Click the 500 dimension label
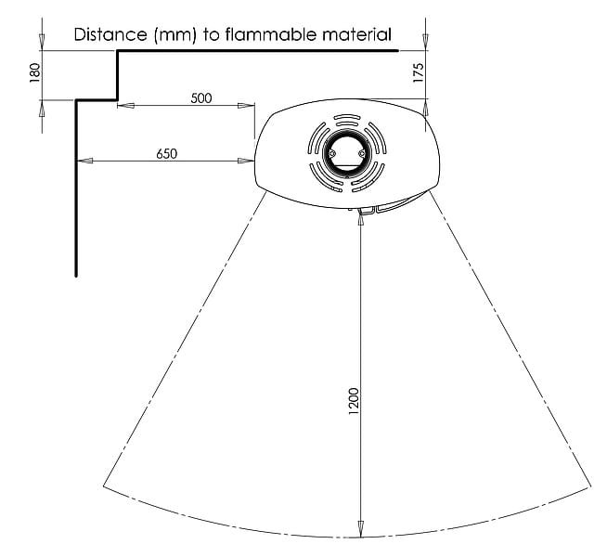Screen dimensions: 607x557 pyautogui.click(x=201, y=97)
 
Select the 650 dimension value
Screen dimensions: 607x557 pyautogui.click(x=166, y=154)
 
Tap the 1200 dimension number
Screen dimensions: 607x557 pyautogui.click(x=354, y=401)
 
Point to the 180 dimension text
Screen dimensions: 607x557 pyautogui.click(x=35, y=72)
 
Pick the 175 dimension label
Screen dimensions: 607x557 pyautogui.click(x=419, y=72)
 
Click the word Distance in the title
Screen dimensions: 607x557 pyautogui.click(x=110, y=34)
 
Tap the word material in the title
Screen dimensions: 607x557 pyautogui.click(x=357, y=34)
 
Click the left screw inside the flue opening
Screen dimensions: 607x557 pyautogui.click(x=331, y=154)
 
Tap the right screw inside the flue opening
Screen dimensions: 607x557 pyautogui.click(x=362, y=154)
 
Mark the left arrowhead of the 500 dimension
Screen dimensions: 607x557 pyautogui.click(x=125, y=105)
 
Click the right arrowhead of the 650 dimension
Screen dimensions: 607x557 pyautogui.click(x=246, y=161)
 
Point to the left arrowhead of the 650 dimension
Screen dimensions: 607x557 pyautogui.click(x=85, y=161)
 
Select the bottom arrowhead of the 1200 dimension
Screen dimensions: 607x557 pyautogui.click(x=361, y=529)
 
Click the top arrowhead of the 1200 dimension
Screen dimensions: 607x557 pyautogui.click(x=361, y=217)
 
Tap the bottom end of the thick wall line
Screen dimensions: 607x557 pyautogui.click(x=76, y=276)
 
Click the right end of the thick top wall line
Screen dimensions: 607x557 pyautogui.click(x=397, y=50)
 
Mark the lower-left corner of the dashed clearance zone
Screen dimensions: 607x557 pyautogui.click(x=104, y=486)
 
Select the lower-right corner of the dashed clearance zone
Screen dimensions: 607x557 pyautogui.click(x=590, y=486)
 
